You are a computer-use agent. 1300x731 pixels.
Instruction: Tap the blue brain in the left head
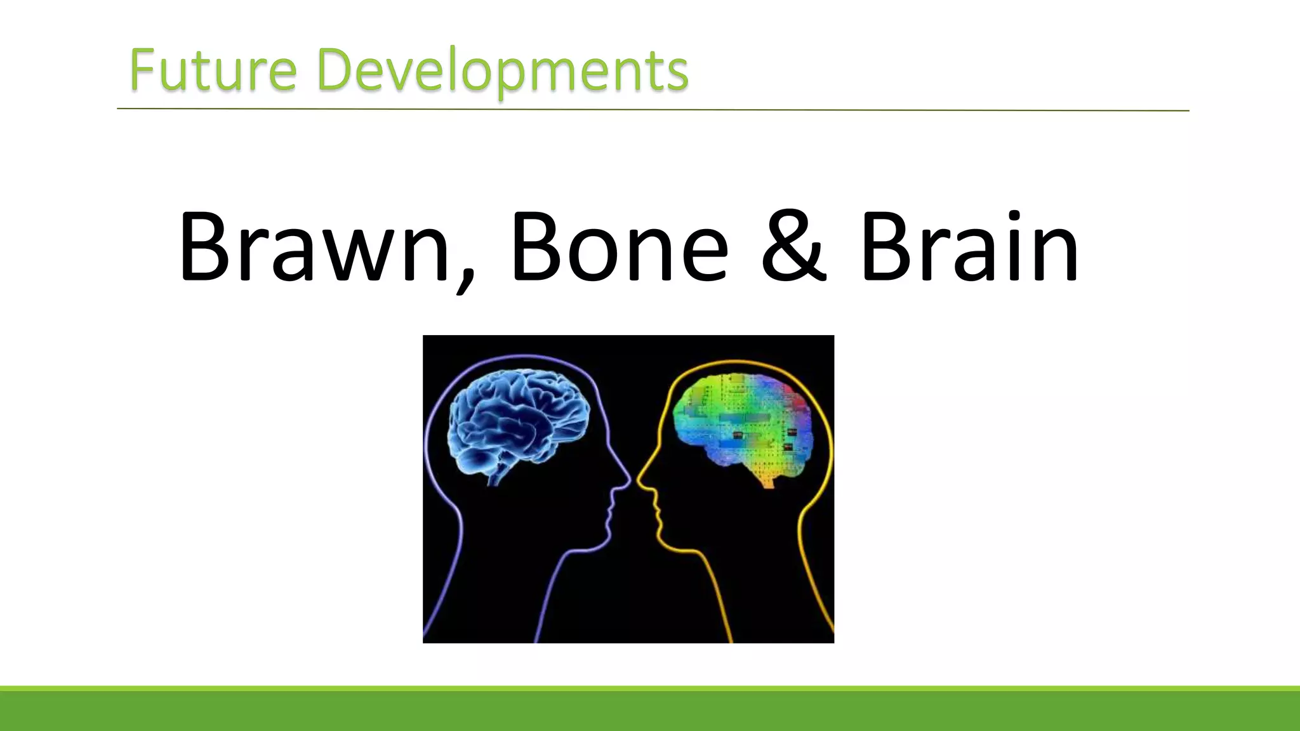pyautogui.click(x=518, y=422)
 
